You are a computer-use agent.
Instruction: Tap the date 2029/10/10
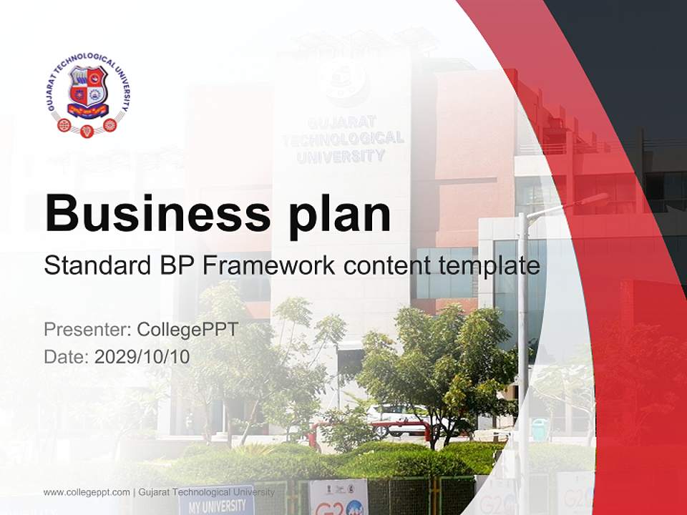tap(142, 356)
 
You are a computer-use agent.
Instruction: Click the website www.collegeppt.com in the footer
tap(87, 492)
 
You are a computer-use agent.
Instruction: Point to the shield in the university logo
tap(87, 91)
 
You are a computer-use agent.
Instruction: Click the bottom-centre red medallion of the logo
tap(87, 131)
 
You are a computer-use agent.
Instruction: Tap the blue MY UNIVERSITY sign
tap(215, 505)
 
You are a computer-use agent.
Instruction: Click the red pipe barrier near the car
tap(372, 428)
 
